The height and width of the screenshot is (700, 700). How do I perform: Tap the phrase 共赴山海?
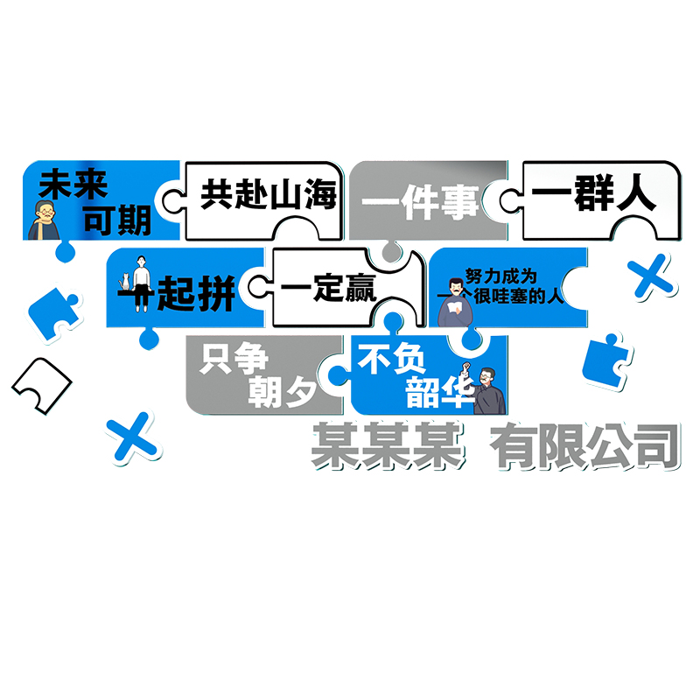coord(269,193)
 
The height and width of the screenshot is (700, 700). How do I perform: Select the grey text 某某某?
coord(387,446)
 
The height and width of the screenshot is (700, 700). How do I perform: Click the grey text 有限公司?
coord(584,446)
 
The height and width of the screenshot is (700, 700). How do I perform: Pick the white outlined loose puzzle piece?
coord(40,382)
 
